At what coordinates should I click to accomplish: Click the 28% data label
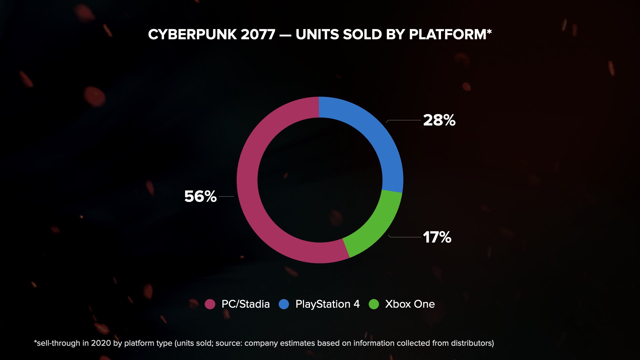[x=439, y=120]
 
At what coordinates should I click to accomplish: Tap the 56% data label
[x=200, y=196]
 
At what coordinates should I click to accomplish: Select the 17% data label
[x=437, y=237]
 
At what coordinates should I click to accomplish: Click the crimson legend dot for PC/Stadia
[x=210, y=304]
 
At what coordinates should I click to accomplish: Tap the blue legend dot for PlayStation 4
[x=284, y=304]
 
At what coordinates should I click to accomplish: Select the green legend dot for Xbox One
[x=374, y=304]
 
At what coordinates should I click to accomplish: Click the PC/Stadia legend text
[x=246, y=304]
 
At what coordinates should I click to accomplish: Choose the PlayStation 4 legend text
[x=327, y=304]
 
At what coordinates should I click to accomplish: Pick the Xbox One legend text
[x=410, y=304]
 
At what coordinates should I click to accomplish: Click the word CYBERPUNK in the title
[x=192, y=35]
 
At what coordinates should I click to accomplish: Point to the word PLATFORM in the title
[x=448, y=35]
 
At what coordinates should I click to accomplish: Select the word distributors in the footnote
[x=470, y=343]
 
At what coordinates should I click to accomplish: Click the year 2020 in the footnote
[x=101, y=343]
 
